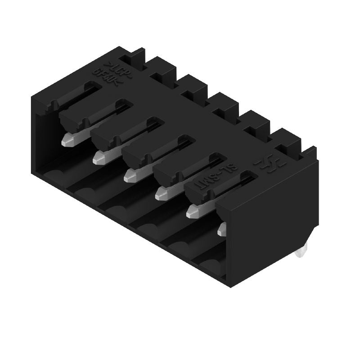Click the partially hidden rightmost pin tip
(x=221, y=230)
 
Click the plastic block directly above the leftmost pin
(x=74, y=119)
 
